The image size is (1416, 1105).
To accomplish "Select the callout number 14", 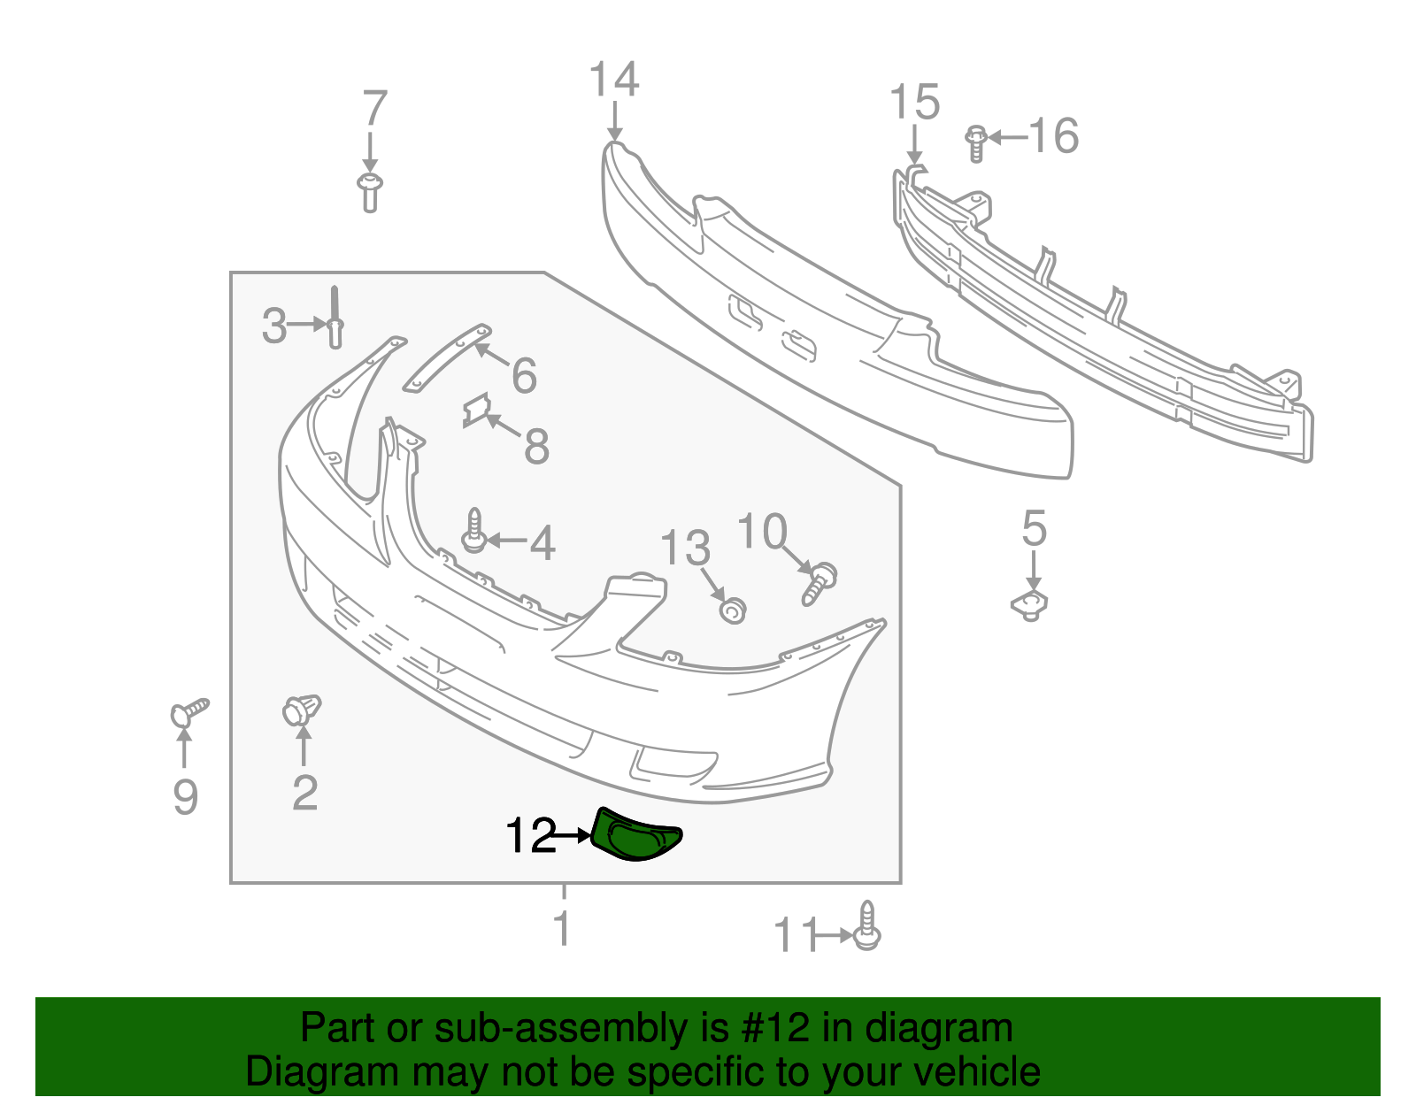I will (x=613, y=81).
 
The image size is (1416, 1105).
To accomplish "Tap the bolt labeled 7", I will (x=370, y=192).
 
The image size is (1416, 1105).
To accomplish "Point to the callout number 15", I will (x=914, y=103).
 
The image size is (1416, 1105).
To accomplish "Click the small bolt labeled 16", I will (x=975, y=143).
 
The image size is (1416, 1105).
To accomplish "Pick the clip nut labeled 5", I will (x=1031, y=605).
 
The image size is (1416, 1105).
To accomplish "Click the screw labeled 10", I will (x=819, y=585).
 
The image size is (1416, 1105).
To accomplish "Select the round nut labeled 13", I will (x=732, y=610).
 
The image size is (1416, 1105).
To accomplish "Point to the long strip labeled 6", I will (x=446, y=357).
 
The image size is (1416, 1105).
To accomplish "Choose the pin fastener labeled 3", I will (x=335, y=319).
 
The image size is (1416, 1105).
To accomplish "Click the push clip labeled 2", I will (x=302, y=710).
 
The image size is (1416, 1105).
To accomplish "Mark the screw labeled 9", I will (x=189, y=711).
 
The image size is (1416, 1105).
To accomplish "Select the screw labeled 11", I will (x=867, y=927).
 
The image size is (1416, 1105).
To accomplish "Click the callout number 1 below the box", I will (x=562, y=929).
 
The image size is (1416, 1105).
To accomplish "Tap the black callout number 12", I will (x=530, y=836).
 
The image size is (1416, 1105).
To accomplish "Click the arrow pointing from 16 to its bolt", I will (x=1008, y=137).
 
